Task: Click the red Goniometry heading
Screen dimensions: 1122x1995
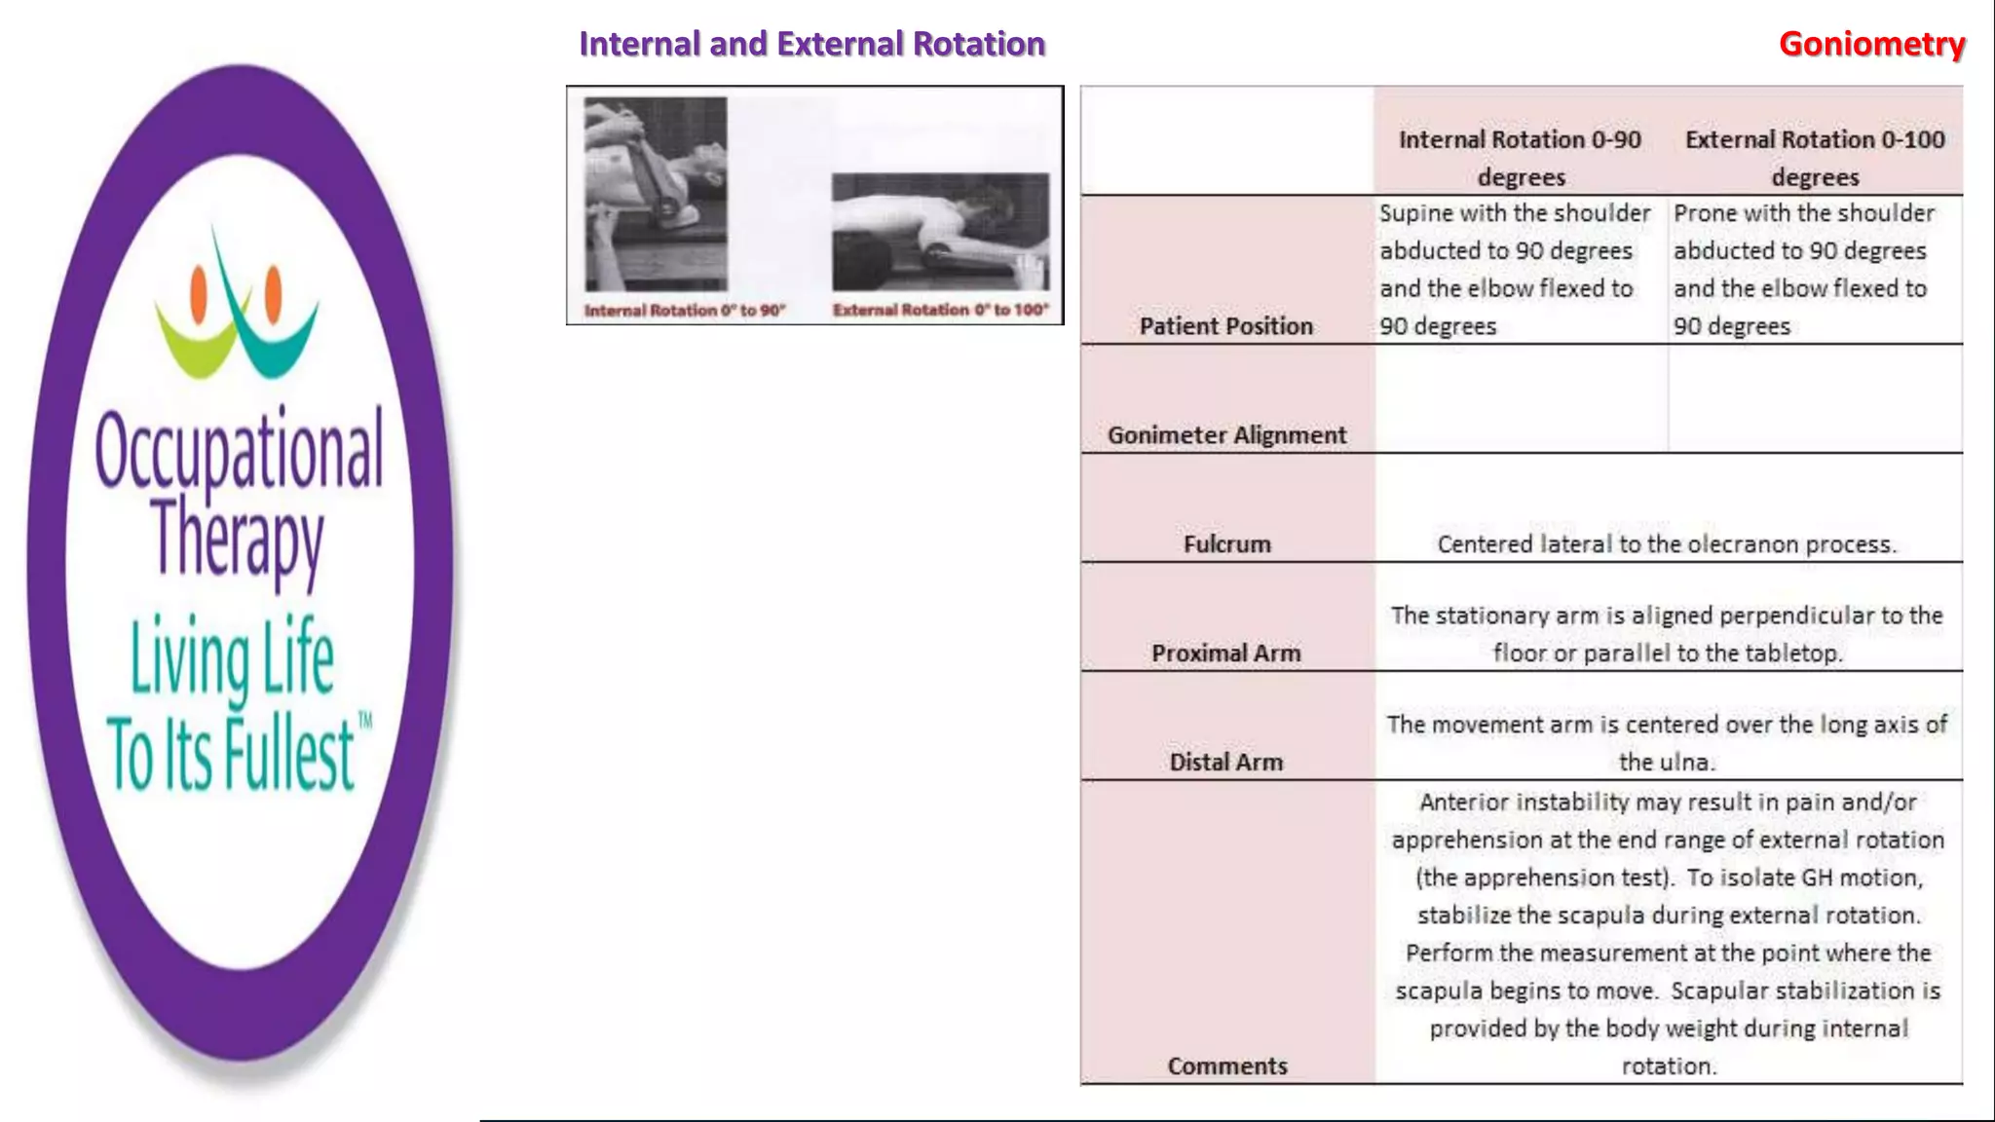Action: (x=1871, y=44)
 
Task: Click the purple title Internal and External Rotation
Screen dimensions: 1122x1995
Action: (x=811, y=44)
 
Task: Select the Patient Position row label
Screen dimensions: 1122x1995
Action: (x=1225, y=326)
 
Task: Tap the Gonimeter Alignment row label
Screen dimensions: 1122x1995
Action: (x=1226, y=435)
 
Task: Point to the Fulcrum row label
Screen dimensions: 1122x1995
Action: (x=1226, y=544)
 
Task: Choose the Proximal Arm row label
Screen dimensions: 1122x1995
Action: (x=1225, y=654)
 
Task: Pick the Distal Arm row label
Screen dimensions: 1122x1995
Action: (x=1225, y=763)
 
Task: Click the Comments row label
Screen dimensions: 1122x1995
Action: (x=1226, y=1066)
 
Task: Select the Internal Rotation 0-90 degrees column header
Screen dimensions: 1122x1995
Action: (x=1520, y=158)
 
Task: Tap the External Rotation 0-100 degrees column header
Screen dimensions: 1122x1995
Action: (x=1815, y=158)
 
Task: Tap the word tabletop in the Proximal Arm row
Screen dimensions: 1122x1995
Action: (x=1791, y=654)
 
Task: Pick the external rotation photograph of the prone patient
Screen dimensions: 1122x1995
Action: (x=940, y=232)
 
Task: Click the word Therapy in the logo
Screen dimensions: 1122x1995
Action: (x=237, y=538)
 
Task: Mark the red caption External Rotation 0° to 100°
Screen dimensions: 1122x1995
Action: (x=940, y=310)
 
